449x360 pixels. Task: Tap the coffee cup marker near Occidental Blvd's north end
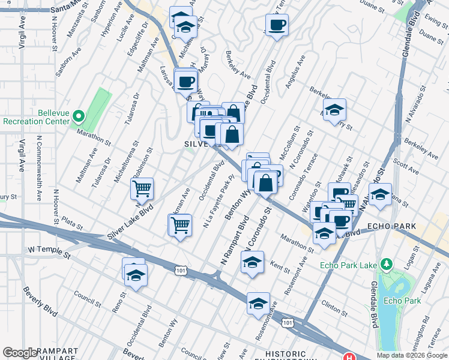click(277, 25)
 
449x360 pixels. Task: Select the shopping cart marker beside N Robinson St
click(142, 189)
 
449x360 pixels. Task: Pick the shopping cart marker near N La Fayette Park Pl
click(180, 226)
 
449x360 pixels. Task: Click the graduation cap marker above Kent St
click(252, 262)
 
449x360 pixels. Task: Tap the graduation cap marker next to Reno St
click(136, 276)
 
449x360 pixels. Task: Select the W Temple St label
click(49, 252)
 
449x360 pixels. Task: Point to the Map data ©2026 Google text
click(411, 355)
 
